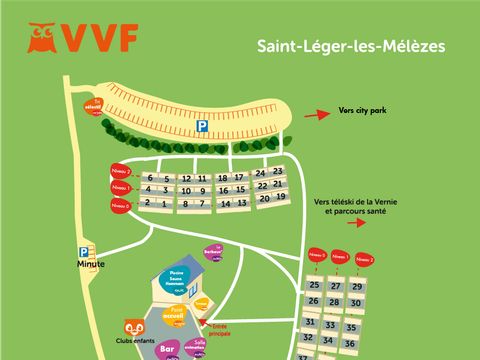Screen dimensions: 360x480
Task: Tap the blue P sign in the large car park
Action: tap(201, 127)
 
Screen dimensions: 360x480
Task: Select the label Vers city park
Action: tap(363, 112)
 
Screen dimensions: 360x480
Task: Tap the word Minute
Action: tap(90, 264)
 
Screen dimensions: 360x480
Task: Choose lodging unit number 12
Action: tap(188, 179)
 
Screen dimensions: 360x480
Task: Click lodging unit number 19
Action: tap(282, 197)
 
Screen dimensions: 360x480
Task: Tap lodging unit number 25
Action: tap(314, 286)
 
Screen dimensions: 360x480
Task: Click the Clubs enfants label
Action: tap(132, 342)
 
